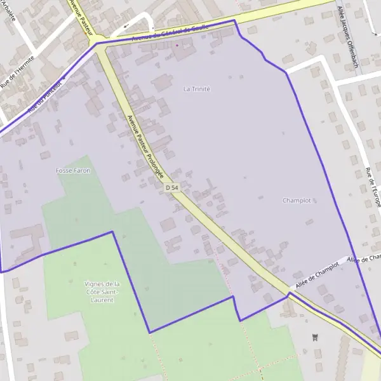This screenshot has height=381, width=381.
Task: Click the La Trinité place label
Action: [196, 89]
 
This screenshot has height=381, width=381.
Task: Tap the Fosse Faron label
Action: [73, 171]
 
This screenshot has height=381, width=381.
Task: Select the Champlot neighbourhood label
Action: [297, 200]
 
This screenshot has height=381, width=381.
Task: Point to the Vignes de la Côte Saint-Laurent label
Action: [102, 291]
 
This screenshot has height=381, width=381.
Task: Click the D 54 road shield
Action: [171, 188]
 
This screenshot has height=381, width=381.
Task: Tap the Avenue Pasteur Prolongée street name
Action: [145, 146]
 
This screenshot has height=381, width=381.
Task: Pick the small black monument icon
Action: [314, 337]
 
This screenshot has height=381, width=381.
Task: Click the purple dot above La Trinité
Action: [177, 46]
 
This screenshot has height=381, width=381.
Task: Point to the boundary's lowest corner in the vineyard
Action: [150, 332]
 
